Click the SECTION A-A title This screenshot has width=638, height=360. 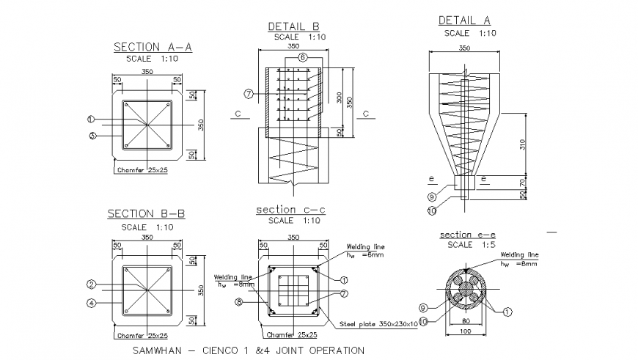tap(152, 48)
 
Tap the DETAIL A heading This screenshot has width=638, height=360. tap(464, 21)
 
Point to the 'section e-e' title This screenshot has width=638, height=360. tap(465, 235)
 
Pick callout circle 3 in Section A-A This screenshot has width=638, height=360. tap(92, 135)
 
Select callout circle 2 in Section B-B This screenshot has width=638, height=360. tap(92, 284)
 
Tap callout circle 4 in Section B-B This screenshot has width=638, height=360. tap(92, 301)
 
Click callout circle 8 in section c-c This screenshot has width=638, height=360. tap(238, 301)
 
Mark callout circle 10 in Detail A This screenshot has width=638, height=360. tap(431, 210)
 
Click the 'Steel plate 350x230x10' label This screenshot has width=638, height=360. tap(378, 323)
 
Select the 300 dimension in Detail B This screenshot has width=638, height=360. tap(339, 98)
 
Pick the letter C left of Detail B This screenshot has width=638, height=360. tap(236, 114)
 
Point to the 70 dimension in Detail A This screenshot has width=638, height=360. tap(523, 182)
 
